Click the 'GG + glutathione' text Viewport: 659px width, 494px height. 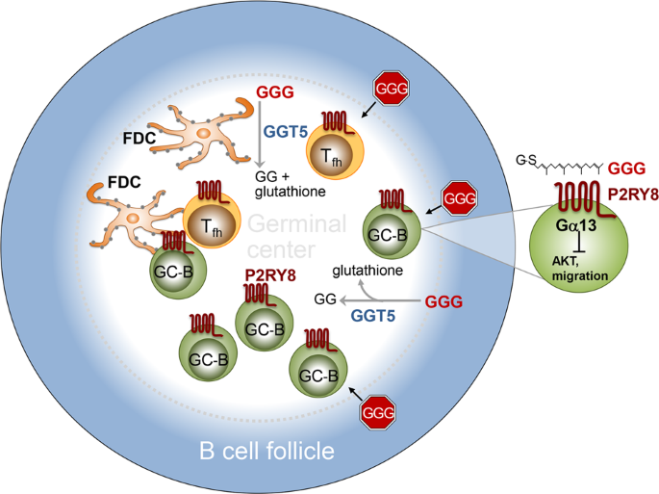(x=286, y=185)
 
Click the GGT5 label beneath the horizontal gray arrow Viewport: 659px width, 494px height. (x=373, y=313)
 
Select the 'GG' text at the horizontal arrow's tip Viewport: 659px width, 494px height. (x=323, y=300)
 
